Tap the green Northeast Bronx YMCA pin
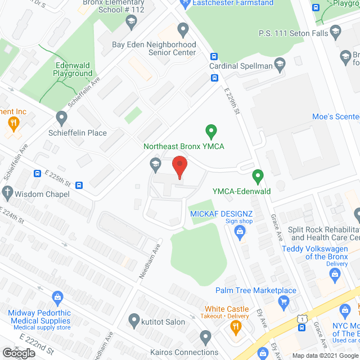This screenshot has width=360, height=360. (x=211, y=132)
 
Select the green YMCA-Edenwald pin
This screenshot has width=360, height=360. (x=258, y=177)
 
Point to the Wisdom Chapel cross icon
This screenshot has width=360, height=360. (x=7, y=193)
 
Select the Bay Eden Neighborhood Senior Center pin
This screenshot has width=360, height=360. (x=183, y=29)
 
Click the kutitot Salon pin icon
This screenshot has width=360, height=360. (x=134, y=321)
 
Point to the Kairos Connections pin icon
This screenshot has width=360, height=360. (x=205, y=338)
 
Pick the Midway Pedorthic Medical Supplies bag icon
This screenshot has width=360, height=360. (x=57, y=296)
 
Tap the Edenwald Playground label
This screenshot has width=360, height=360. (x=73, y=69)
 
